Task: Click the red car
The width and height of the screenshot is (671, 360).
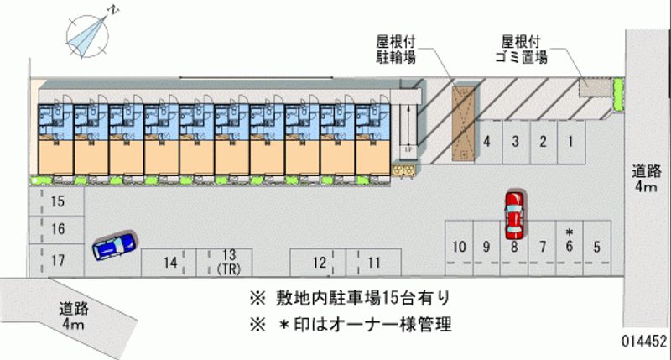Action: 513,215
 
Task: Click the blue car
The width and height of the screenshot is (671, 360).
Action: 113,246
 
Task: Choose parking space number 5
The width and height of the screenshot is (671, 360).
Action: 596,247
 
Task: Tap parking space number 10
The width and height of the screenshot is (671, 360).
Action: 458,247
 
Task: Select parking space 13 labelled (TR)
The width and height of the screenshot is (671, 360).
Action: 228,261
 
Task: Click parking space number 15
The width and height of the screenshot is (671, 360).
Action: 58,201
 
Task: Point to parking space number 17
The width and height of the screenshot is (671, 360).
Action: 58,260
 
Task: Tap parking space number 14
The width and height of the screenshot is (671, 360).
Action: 170,262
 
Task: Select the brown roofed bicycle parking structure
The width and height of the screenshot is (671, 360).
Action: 463,123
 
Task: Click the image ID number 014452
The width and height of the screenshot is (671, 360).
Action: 643,342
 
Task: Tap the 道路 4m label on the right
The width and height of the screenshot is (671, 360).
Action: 646,179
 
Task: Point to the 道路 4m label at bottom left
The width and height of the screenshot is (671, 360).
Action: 75,315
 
